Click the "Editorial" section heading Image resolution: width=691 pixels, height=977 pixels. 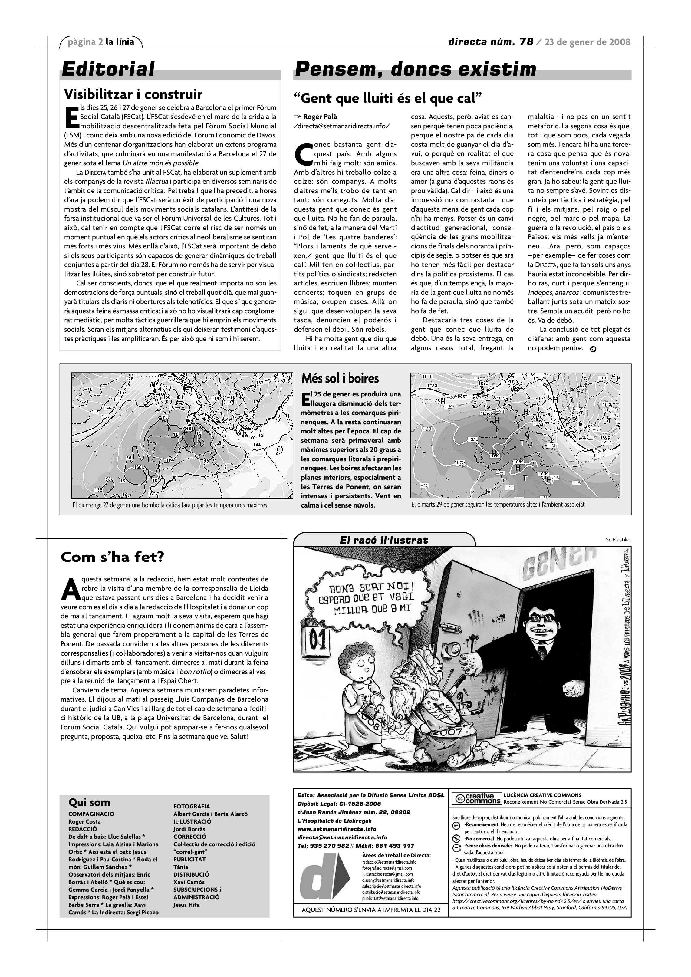108,69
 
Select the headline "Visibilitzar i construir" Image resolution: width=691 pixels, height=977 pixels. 133,94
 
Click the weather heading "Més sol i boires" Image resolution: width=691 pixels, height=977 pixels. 340,378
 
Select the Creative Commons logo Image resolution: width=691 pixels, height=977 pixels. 476,798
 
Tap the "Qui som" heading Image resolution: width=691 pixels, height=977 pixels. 89,803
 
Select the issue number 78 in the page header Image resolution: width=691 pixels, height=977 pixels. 526,42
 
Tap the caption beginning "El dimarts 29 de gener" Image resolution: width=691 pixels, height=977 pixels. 498,504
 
